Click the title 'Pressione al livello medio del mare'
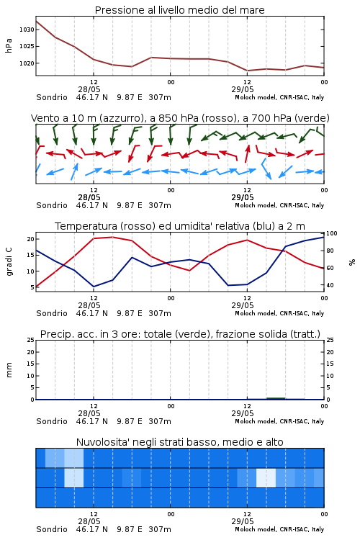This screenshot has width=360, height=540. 179,10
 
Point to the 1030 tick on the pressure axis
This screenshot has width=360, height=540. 27,30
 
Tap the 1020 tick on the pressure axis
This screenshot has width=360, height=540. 27,63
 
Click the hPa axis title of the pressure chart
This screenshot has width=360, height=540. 9,45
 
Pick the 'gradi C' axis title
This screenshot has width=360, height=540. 9,261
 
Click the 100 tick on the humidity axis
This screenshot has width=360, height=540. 331,233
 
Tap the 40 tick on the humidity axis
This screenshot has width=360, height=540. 330,285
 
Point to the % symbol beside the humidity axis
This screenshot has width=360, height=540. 352,262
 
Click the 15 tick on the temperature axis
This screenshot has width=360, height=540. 31,255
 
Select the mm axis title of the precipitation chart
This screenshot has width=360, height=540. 9,370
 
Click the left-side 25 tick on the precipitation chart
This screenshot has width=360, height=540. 31,340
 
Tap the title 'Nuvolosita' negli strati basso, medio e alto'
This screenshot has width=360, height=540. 179,442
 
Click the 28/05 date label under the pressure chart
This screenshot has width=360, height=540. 89,89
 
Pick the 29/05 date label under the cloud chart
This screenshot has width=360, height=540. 243,521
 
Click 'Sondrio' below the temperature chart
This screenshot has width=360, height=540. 52,313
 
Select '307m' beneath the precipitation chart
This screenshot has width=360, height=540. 160,421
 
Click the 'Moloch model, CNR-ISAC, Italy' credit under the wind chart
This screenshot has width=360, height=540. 279,205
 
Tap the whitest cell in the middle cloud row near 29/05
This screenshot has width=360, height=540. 266,477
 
